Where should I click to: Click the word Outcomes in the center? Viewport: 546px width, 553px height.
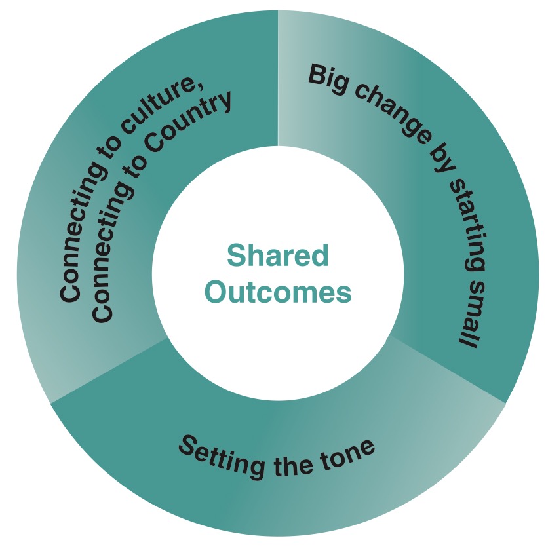(x=278, y=292)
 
